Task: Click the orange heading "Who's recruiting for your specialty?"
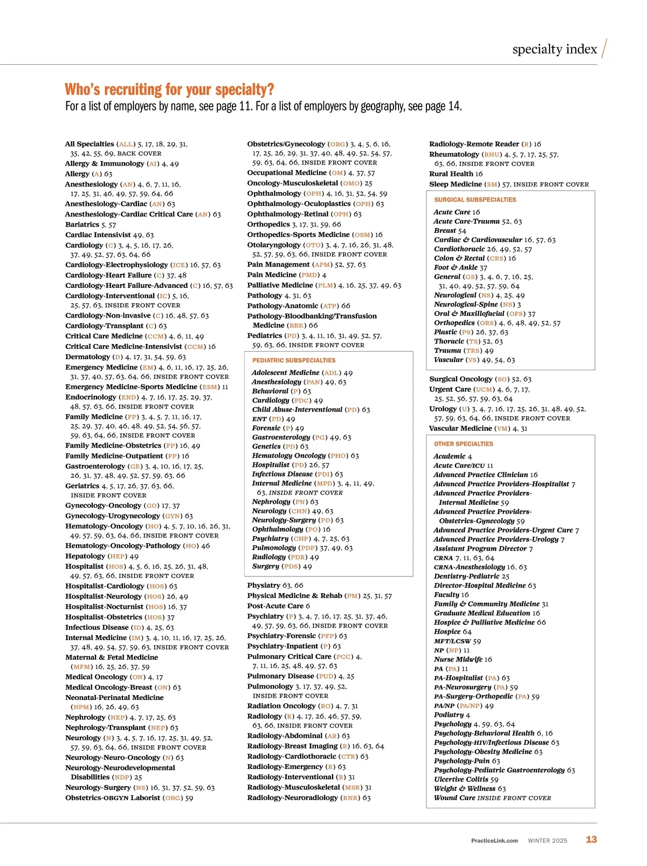tap(169, 90)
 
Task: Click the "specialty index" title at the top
tap(554, 50)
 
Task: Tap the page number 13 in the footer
tap(591, 839)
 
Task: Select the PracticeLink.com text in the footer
tap(494, 840)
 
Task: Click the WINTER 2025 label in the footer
tap(547, 840)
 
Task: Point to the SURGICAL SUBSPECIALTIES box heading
tap(475, 200)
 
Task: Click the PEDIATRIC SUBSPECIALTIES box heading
tap(294, 360)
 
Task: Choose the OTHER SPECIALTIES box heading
tap(463, 444)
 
